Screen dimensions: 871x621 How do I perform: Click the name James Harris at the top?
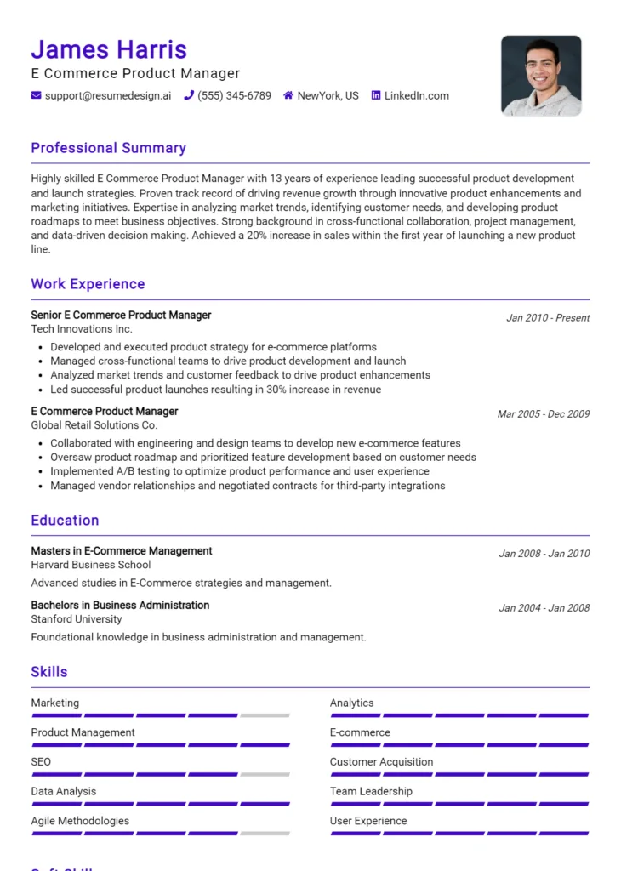click(109, 49)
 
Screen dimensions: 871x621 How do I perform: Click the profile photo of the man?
click(541, 76)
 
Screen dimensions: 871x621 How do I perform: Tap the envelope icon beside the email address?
click(36, 95)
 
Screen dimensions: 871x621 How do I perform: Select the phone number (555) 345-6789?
click(234, 95)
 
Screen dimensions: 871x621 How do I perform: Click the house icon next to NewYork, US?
click(288, 95)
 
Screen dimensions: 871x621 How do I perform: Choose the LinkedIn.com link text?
click(416, 95)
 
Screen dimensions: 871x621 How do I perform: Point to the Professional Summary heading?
click(108, 148)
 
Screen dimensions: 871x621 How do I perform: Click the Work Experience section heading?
click(88, 284)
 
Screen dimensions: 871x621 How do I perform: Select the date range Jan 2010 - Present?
click(548, 318)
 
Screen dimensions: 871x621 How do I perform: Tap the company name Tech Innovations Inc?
click(82, 329)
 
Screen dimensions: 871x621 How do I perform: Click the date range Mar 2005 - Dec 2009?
click(544, 414)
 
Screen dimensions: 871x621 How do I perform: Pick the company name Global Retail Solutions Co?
click(94, 425)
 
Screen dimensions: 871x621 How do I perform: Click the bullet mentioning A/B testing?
click(239, 471)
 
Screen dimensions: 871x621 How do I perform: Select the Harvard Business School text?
click(91, 565)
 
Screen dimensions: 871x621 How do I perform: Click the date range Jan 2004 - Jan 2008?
click(544, 608)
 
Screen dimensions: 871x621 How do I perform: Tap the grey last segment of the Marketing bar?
click(265, 715)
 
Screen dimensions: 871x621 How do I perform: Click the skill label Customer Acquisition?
click(381, 762)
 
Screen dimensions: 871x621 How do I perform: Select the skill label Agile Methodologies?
click(80, 821)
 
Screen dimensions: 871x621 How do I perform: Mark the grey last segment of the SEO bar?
click(265, 774)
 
